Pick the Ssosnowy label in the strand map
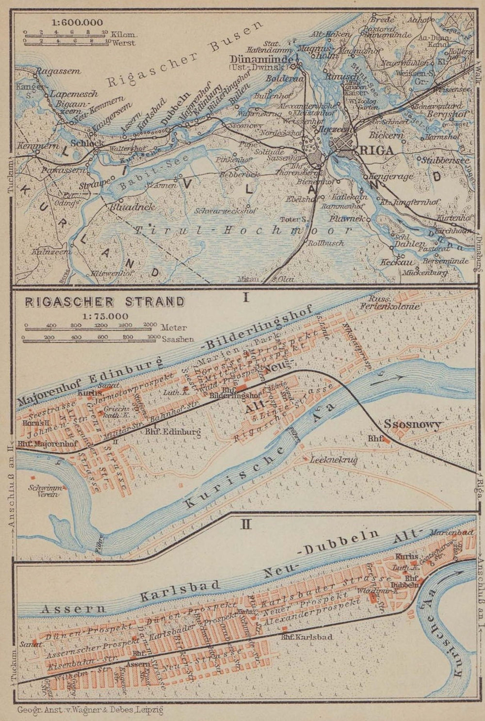413,425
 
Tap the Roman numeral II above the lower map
246,524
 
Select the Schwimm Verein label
43,491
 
